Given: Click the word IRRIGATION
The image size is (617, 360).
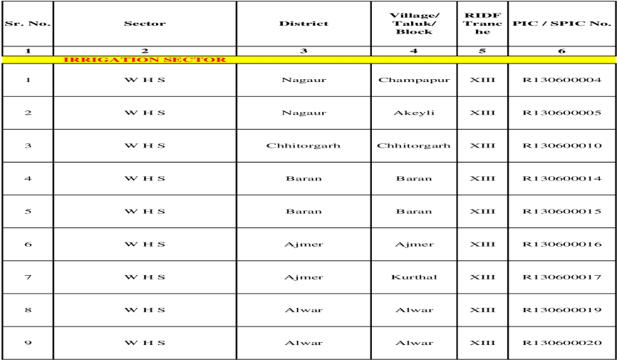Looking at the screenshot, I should tap(111, 60).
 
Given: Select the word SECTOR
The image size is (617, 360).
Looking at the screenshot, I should tap(195, 60).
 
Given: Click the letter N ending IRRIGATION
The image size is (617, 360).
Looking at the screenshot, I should tap(152, 60).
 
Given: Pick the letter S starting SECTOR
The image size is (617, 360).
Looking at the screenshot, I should tap(168, 60).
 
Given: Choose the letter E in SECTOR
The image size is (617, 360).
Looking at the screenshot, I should tap(178, 60).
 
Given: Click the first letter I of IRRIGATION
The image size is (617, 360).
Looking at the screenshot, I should tap(66, 60).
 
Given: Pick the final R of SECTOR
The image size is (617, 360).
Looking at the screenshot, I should tap(222, 60).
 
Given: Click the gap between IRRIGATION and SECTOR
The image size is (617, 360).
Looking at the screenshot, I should tap(161, 60).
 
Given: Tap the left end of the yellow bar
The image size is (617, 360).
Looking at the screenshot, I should tap(4, 60).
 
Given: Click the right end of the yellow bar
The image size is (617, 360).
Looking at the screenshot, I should tap(613, 60).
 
